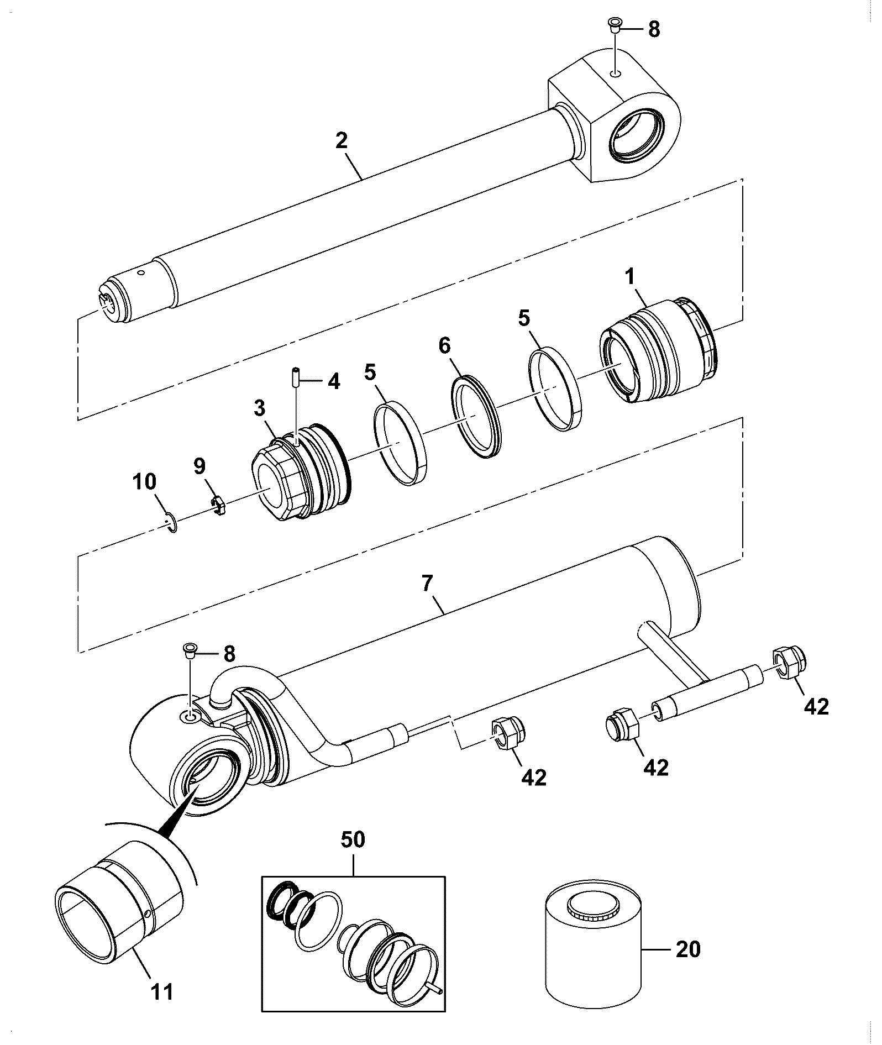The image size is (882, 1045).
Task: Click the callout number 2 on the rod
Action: coord(342,140)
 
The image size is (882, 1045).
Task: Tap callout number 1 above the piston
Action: coord(631,276)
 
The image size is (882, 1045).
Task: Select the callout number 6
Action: coord(444,346)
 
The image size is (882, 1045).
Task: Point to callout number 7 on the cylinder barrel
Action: coord(428,584)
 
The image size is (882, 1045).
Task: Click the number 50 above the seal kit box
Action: coord(353,855)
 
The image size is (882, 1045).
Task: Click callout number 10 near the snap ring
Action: coord(144,482)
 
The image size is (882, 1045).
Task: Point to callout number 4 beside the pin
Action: coord(333,381)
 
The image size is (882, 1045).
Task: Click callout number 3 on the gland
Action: coord(260,409)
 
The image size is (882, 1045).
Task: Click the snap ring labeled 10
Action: coord(172,522)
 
